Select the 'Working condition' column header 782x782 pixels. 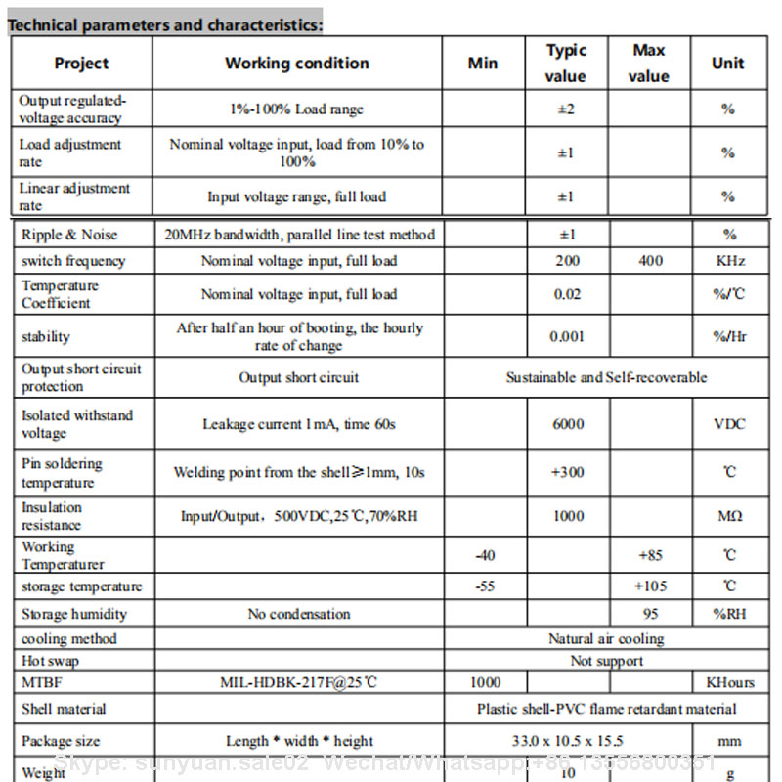click(x=296, y=64)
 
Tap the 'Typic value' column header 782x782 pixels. click(x=566, y=64)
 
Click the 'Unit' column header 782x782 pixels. click(x=727, y=64)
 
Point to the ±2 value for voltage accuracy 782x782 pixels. click(x=566, y=109)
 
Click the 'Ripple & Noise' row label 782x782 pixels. click(x=69, y=235)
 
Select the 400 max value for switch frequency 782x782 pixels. click(x=649, y=261)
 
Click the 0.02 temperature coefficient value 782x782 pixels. click(x=567, y=294)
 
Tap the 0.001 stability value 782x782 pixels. click(x=567, y=336)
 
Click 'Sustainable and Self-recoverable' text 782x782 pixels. click(x=606, y=377)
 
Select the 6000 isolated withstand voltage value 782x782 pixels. click(x=568, y=424)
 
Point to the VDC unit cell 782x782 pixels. click(x=729, y=424)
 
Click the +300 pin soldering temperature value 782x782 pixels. click(x=568, y=472)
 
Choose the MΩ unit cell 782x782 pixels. click(x=729, y=516)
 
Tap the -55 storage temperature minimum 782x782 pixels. click(x=485, y=586)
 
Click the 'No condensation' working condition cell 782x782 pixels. click(x=298, y=614)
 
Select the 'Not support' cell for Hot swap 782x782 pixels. click(x=606, y=661)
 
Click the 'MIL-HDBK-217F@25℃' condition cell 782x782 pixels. click(x=298, y=682)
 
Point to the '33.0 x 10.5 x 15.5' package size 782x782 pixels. click(x=567, y=741)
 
